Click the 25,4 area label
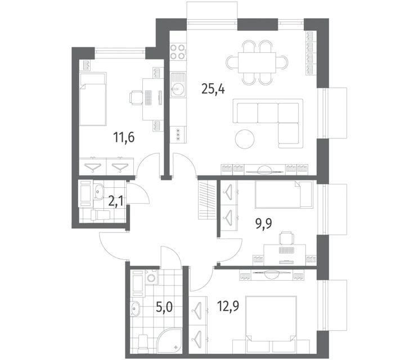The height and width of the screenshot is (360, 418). click(213, 89)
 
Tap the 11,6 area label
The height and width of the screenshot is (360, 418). click(124, 137)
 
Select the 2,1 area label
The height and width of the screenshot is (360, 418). click(116, 201)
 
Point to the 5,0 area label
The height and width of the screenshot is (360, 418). click(164, 308)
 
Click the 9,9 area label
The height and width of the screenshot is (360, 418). click(263, 223)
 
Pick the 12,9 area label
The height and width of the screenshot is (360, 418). click(228, 306)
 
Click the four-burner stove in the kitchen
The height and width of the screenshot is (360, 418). click(178, 52)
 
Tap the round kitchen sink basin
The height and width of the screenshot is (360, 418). click(177, 88)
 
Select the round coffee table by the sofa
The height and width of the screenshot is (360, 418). click(245, 139)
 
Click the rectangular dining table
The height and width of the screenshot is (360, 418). click(257, 62)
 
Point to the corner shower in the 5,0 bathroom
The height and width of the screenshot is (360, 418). click(169, 340)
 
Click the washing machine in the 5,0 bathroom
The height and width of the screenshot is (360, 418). click(152, 277)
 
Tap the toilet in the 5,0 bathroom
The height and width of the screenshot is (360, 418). click(143, 343)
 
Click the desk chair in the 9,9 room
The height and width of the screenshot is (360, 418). click(286, 238)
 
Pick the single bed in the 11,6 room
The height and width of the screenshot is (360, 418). click(93, 99)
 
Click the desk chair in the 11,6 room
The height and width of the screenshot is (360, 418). click(136, 98)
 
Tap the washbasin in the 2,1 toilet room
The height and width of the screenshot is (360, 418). click(99, 191)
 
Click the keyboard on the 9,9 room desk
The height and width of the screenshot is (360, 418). click(286, 250)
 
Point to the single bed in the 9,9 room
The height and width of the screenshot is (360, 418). click(284, 194)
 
